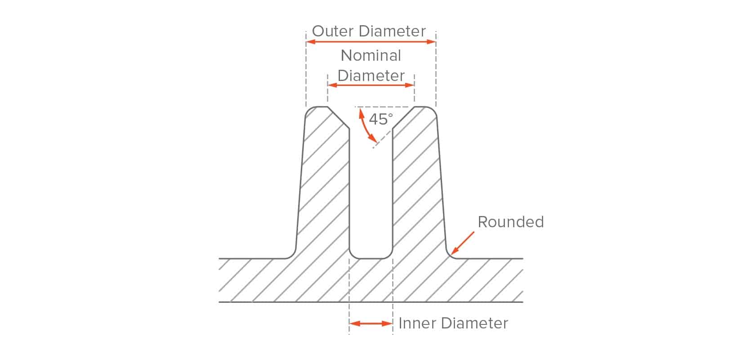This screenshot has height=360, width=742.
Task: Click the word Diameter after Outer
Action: point(392,31)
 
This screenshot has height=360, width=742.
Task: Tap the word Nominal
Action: point(371,55)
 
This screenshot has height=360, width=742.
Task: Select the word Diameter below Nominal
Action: point(371,76)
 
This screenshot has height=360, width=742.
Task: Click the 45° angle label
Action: point(381,119)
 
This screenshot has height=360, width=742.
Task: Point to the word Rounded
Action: point(511,222)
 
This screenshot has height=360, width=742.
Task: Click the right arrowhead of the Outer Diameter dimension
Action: point(431,42)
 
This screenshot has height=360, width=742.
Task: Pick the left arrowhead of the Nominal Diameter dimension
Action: point(332,85)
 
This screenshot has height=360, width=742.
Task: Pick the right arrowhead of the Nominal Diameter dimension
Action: point(410,85)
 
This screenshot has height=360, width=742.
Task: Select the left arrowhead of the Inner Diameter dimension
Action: point(354,324)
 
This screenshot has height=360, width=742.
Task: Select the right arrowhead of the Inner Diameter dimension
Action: point(388,324)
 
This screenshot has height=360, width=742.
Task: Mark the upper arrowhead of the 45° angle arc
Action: point(362,114)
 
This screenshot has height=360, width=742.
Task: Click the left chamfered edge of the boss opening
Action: point(338,118)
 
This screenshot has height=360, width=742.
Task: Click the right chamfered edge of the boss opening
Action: point(403,118)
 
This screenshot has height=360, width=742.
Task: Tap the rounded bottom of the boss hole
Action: point(371,258)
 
